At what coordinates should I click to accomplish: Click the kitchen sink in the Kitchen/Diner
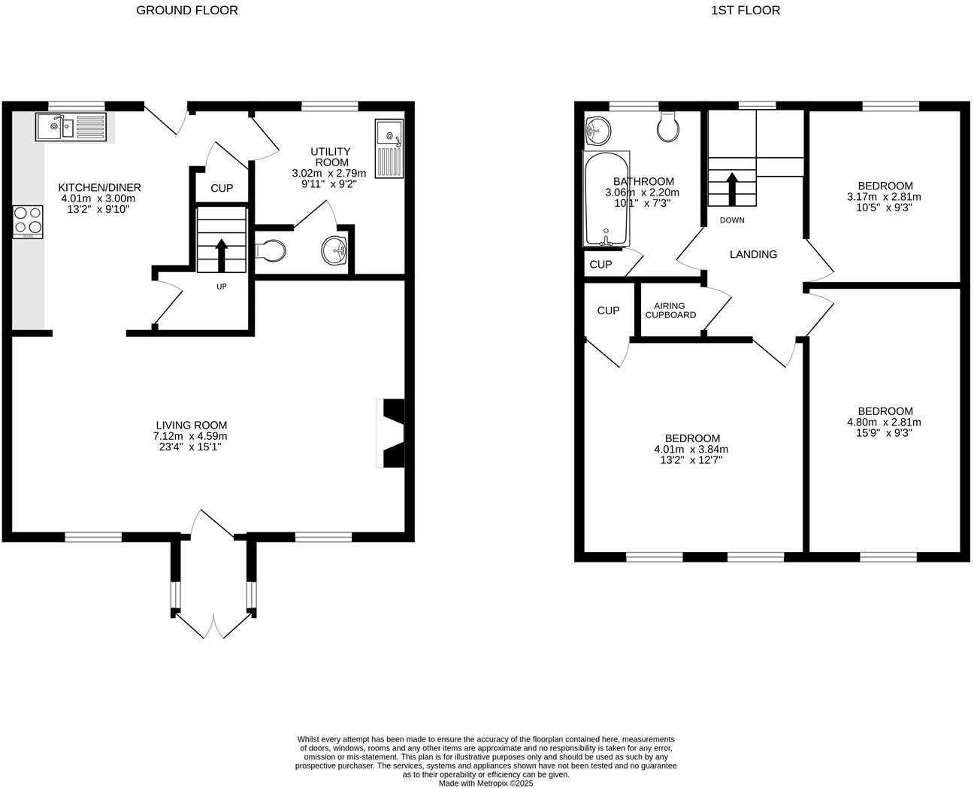coord(72,126)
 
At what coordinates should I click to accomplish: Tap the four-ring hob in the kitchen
coord(28,222)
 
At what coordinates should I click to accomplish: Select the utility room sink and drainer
coord(389,148)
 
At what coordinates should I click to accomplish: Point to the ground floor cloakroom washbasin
coord(334,250)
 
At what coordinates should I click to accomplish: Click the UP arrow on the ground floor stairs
coord(222,255)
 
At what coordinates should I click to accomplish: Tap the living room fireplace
coord(392,433)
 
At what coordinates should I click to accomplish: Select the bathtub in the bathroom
coord(606,199)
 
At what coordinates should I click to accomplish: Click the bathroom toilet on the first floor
coord(667,127)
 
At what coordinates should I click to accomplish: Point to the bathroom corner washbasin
coord(598,131)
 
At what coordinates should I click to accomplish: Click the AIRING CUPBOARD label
coord(670,311)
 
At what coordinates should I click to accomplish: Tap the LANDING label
coord(753,254)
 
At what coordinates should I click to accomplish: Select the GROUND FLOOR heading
coord(187,10)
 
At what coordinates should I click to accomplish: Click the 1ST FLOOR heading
coord(744,10)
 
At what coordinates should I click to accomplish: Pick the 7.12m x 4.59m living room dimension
coord(191,436)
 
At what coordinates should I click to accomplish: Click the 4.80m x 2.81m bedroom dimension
coord(885,423)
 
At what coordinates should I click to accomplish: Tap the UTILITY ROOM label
coord(331,157)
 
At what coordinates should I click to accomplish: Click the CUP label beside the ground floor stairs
coord(222,188)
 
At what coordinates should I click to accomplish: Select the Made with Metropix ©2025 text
coord(485,783)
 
